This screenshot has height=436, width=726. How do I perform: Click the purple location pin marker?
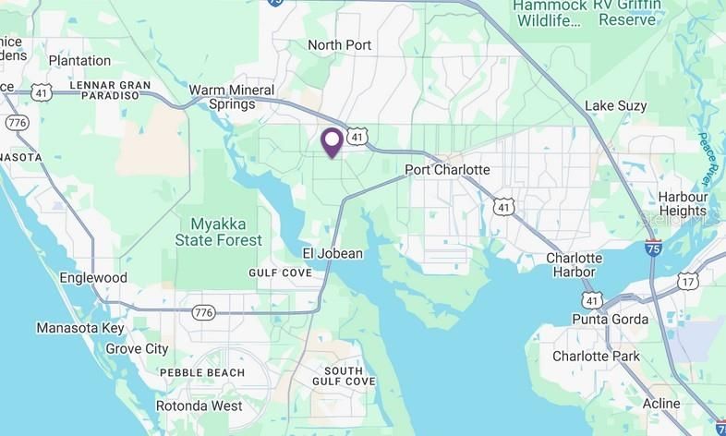[333, 142]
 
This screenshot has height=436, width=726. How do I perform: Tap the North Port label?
[339, 45]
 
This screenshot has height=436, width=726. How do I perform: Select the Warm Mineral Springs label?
[222, 97]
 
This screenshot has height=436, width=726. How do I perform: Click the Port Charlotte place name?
[447, 171]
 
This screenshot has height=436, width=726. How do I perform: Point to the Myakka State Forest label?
[219, 232]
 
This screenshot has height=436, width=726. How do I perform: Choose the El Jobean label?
[333, 253]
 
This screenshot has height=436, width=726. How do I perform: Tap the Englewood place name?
[93, 278]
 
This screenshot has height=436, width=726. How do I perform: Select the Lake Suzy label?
[616, 106]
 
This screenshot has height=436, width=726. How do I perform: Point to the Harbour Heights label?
[683, 204]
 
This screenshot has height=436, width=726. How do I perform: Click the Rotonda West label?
[199, 406]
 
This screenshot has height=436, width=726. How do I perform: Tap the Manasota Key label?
[80, 328]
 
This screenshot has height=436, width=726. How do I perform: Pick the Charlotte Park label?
[596, 357]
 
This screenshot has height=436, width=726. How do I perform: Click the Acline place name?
[660, 404]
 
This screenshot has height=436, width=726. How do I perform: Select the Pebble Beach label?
[202, 373]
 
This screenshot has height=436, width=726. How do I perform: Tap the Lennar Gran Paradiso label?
[110, 91]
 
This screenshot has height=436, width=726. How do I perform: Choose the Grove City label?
[137, 349]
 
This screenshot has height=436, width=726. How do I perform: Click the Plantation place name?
[79, 61]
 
